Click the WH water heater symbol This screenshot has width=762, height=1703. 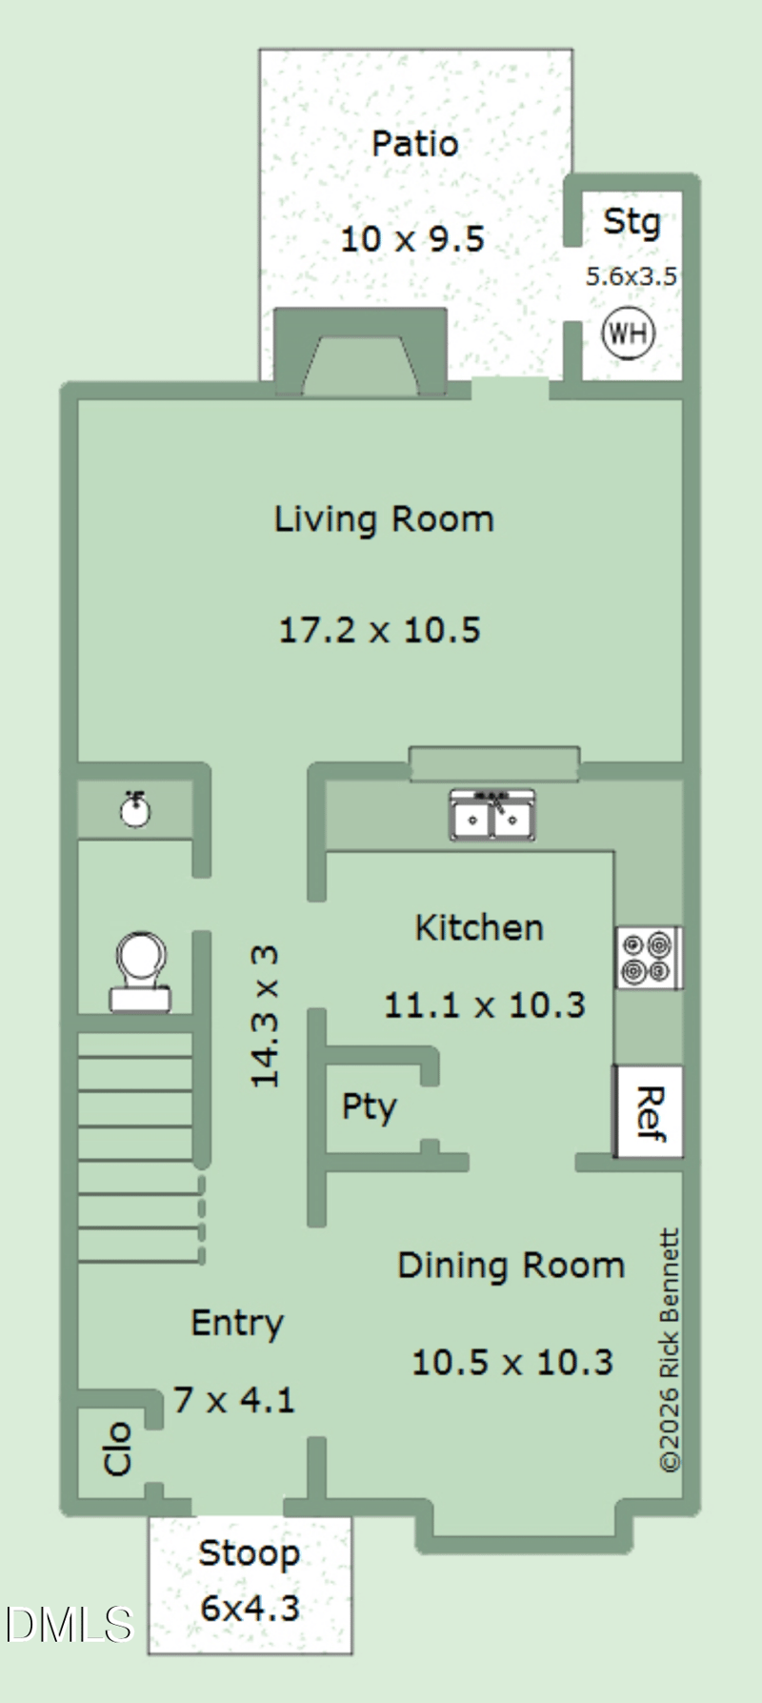pyautogui.click(x=629, y=334)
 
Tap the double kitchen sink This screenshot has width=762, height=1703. pyautogui.click(x=492, y=816)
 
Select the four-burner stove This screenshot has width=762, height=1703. pyautogui.click(x=648, y=958)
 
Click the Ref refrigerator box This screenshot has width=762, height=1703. pyautogui.click(x=648, y=1112)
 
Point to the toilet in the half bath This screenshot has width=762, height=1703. pyautogui.click(x=141, y=970)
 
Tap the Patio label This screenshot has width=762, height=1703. pyautogui.click(x=415, y=144)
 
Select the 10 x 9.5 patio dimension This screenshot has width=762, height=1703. pyautogui.click(x=412, y=238)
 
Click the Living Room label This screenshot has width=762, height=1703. pyautogui.click(x=384, y=519)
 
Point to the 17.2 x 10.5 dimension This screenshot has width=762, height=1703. pyautogui.click(x=379, y=630)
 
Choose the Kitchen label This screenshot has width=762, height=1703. pyautogui.click(x=479, y=927)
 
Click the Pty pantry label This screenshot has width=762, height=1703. pyautogui.click(x=369, y=1107)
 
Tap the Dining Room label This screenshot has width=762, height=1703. pyautogui.click(x=511, y=1266)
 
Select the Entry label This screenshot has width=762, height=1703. pyautogui.click(x=237, y=1324)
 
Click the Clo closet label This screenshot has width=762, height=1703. pyautogui.click(x=117, y=1450)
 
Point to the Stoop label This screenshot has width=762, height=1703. pyautogui.click(x=250, y=1554)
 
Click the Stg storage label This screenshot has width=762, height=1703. pyautogui.click(x=632, y=223)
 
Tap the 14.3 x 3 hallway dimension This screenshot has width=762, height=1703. pyautogui.click(x=265, y=1016)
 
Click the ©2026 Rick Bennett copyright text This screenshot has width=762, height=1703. pyautogui.click(x=670, y=1350)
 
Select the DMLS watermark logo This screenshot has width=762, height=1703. pyautogui.click(x=69, y=1625)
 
